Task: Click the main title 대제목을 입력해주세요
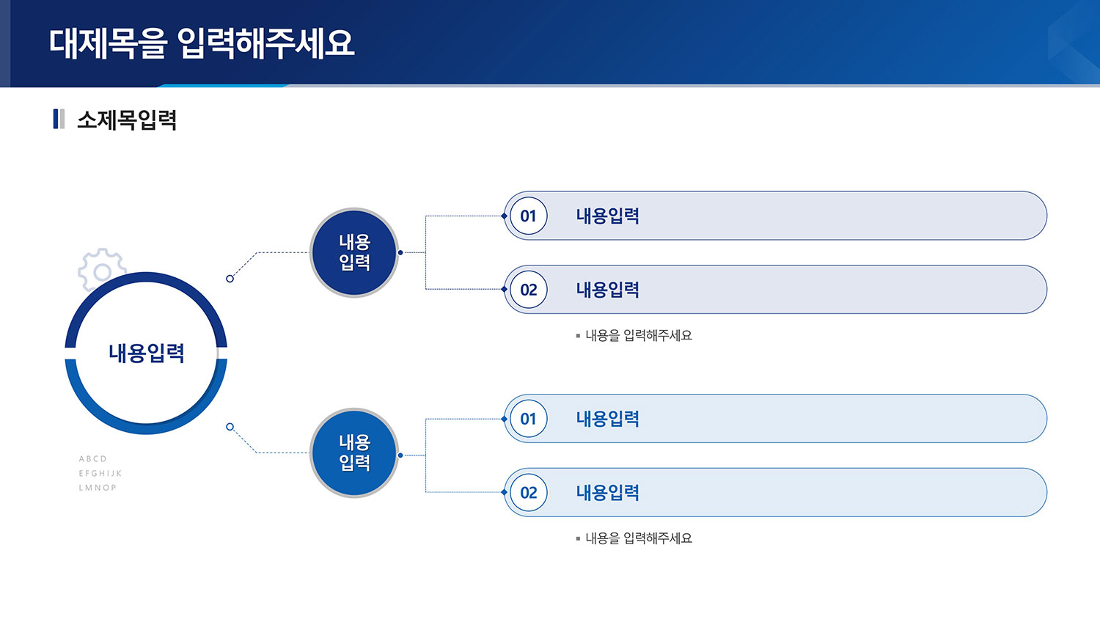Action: pos(202,43)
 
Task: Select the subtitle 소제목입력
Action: pos(127,120)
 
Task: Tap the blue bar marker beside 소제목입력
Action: pos(56,119)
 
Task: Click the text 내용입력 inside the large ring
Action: pos(147,354)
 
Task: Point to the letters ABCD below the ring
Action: pos(93,459)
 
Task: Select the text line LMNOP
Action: pos(98,488)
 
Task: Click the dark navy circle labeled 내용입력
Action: pos(354,252)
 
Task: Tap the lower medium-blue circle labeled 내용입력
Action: pos(354,453)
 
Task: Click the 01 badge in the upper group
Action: pos(529,216)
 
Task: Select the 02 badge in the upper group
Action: pos(529,290)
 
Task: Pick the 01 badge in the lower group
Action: pos(529,419)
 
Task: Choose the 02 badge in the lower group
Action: pos(529,492)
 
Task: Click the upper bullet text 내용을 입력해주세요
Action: pos(639,336)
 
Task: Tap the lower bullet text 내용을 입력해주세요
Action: pos(639,538)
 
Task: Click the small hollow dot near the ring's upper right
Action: pos(230,279)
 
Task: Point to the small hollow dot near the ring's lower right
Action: pos(230,427)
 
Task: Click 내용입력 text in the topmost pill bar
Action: pos(607,216)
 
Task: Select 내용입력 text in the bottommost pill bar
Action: pos(607,492)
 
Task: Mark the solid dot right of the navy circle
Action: pos(400,252)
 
